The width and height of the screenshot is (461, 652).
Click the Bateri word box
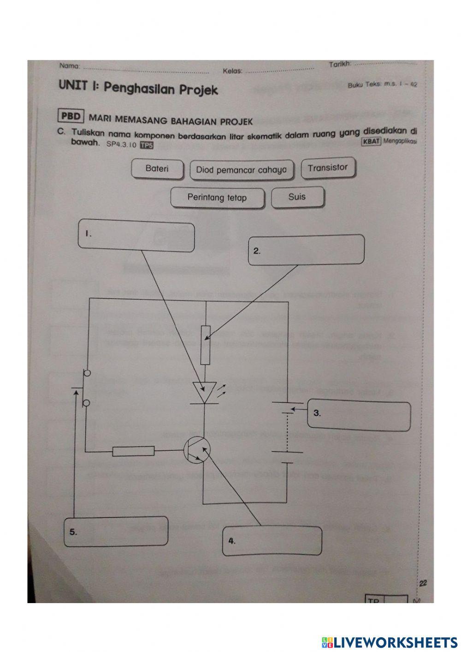(x=157, y=169)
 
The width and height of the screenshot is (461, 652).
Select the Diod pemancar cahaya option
(x=241, y=170)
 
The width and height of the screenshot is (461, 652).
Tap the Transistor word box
(x=328, y=168)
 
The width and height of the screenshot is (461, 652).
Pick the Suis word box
(x=297, y=197)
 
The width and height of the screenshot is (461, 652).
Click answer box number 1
(x=136, y=237)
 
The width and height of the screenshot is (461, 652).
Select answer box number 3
(x=359, y=416)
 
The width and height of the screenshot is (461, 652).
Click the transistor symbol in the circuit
(x=197, y=450)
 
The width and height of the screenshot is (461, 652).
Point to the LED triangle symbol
(x=203, y=392)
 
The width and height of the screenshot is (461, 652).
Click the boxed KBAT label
(x=372, y=142)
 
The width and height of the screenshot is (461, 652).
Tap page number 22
(x=423, y=583)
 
